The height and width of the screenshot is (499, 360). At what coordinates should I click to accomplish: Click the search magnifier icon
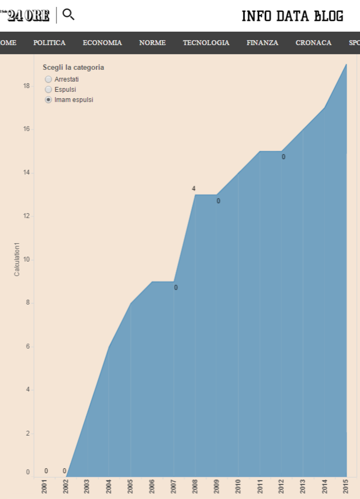[x=68, y=15]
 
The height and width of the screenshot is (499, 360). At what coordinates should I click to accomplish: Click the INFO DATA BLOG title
[x=292, y=16]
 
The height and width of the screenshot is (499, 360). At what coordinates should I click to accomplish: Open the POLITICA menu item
[x=49, y=43]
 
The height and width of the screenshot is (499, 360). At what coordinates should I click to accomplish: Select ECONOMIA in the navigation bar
[x=102, y=43]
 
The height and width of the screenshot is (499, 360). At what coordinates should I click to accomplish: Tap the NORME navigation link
[x=152, y=43]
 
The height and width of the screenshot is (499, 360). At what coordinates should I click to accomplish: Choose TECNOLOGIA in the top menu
[x=206, y=43]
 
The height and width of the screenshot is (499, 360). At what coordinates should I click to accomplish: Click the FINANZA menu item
[x=262, y=43]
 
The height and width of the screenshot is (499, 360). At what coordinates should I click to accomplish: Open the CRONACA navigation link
[x=313, y=43]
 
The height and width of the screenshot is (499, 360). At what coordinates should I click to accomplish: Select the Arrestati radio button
[x=49, y=79]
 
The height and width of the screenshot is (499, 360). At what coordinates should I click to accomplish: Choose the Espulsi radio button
[x=49, y=90]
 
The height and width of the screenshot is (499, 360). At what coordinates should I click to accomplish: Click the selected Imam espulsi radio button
[x=49, y=100]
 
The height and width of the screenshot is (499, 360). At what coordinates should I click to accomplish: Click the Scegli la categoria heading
[x=73, y=68]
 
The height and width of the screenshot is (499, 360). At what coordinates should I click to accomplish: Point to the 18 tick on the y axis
[x=26, y=86]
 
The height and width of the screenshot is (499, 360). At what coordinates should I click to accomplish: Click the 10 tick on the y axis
[x=26, y=260]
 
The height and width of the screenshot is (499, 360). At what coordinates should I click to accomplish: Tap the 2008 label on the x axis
[x=195, y=487]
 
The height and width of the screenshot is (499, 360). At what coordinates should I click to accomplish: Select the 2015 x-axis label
[x=346, y=487]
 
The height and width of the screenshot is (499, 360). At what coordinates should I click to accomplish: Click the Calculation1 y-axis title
[x=17, y=259]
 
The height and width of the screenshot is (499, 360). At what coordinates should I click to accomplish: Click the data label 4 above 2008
[x=193, y=189]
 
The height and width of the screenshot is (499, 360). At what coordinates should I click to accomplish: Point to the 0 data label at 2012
[x=283, y=157]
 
